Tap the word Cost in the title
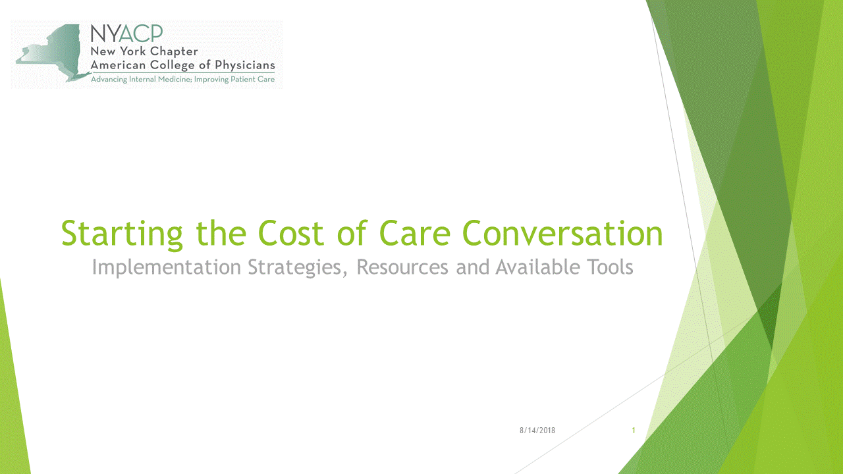[291, 233]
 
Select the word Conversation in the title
[562, 233]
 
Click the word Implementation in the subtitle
[167, 267]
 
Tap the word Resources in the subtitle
[402, 267]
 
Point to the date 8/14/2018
[537, 431]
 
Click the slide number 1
[634, 431]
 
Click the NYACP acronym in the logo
[126, 34]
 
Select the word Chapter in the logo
[174, 52]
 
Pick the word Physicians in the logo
[244, 65]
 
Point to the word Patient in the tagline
[243, 80]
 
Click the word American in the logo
[118, 65]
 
